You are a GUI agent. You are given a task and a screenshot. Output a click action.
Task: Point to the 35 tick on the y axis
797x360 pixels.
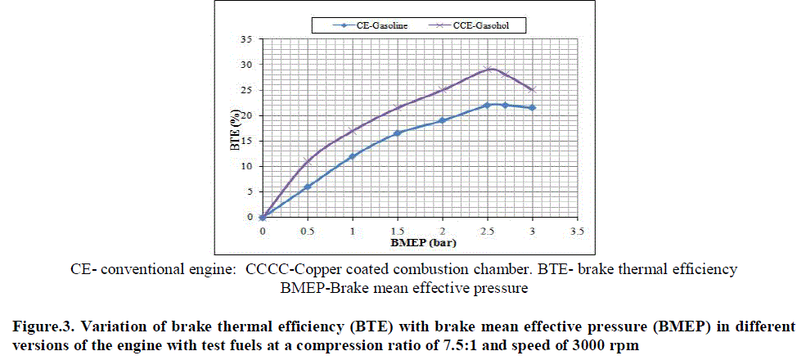pos(247,38)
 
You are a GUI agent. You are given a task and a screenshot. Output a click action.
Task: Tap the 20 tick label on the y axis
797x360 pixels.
pos(247,115)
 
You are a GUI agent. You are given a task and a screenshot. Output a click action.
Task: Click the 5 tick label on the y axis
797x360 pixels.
pos(249,191)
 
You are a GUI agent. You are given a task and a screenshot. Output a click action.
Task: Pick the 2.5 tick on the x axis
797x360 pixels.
pos(488,232)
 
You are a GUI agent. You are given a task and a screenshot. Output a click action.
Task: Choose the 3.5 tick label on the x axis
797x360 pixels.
pos(578,232)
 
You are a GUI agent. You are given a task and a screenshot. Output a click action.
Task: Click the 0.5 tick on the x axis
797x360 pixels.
pos(307,232)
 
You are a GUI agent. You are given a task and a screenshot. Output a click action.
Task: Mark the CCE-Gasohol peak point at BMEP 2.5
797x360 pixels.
pos(488,70)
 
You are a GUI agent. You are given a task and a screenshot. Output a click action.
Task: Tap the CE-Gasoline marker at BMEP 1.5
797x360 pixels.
pos(398,133)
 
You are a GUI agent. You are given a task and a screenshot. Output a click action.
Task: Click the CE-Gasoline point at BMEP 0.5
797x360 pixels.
pos(308,187)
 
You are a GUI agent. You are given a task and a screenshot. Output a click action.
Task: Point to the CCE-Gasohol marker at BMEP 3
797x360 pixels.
pos(533,89)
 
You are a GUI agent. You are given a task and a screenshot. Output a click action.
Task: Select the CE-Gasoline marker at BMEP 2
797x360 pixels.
pos(443,120)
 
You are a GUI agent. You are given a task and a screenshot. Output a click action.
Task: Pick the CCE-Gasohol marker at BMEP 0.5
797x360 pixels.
pos(308,161)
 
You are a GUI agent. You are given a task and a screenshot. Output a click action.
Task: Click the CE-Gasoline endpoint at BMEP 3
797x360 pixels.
pos(533,107)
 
